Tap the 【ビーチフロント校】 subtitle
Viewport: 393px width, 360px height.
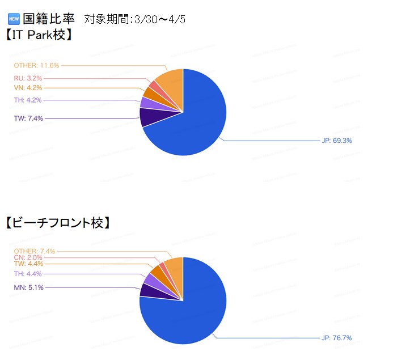(x=57, y=223)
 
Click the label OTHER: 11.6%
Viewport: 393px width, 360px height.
(x=36, y=66)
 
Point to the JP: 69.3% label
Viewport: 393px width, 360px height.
(x=337, y=140)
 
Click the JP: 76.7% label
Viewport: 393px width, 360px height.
(x=337, y=338)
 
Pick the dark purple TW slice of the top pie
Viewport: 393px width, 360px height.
(x=149, y=117)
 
